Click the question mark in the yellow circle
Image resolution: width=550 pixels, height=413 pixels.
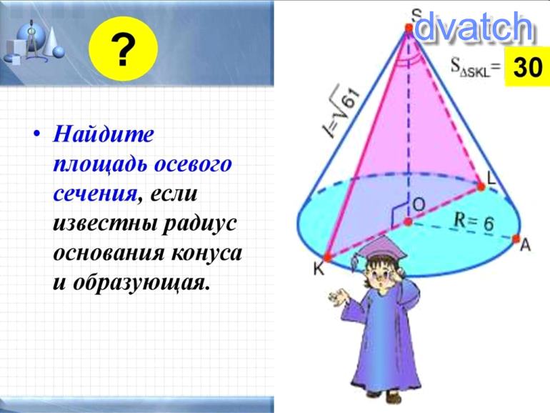pyautogui.click(x=123, y=49)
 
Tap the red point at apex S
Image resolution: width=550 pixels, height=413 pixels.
pyautogui.click(x=409, y=27)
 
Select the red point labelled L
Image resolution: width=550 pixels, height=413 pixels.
pyautogui.click(x=481, y=186)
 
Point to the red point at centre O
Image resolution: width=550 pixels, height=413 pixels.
pyautogui.click(x=408, y=222)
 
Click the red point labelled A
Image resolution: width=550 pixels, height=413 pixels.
pyautogui.click(x=516, y=239)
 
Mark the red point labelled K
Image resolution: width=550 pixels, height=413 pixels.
pyautogui.click(x=327, y=257)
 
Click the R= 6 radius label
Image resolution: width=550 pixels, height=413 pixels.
pyautogui.click(x=474, y=222)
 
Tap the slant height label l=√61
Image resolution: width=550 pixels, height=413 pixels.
pyautogui.click(x=341, y=111)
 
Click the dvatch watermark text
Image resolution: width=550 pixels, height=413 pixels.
pyautogui.click(x=473, y=27)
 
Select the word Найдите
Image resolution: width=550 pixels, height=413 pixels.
pyautogui.click(x=104, y=134)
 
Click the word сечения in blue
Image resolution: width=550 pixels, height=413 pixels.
pyautogui.click(x=95, y=194)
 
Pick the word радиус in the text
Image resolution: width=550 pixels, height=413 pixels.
pyautogui.click(x=199, y=223)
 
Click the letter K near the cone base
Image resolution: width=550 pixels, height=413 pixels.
pyautogui.click(x=319, y=269)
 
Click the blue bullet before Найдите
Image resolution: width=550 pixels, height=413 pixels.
pyautogui.click(x=37, y=134)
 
